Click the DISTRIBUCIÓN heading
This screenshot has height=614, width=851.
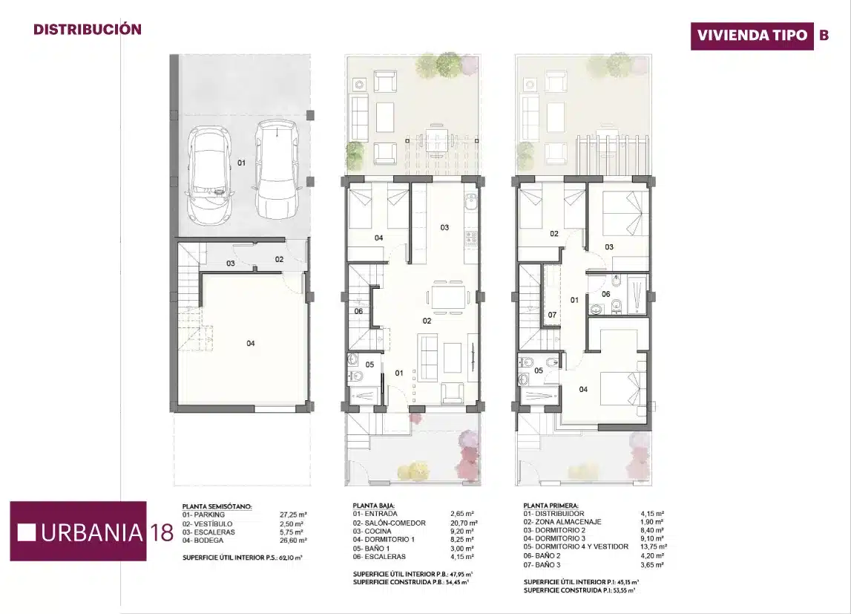pos(88,29)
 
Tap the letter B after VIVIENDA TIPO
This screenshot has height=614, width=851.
pos(824,36)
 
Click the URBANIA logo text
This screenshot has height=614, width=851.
pos(91,532)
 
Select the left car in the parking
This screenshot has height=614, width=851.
pos(208,176)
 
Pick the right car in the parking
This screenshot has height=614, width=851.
pos(276,169)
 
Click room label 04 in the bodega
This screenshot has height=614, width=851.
pos(251,343)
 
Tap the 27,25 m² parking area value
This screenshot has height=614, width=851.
pos(293,515)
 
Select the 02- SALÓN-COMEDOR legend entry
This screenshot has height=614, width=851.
pos(389,523)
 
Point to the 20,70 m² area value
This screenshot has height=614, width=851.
pos(464,523)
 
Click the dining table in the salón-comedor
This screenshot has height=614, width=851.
pos(448,298)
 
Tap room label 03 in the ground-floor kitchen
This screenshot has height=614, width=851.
pos(444,227)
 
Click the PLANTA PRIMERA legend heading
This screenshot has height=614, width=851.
pos(551,506)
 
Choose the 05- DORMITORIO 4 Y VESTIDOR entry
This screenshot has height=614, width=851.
pos(576,546)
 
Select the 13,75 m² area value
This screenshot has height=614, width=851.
pos(654,547)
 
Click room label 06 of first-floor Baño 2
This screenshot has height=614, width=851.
pos(605,294)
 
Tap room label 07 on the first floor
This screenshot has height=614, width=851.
pos(552,315)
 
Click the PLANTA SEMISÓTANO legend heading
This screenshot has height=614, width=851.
pos(217,506)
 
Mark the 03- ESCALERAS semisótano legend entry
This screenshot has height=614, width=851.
pos(209,532)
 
